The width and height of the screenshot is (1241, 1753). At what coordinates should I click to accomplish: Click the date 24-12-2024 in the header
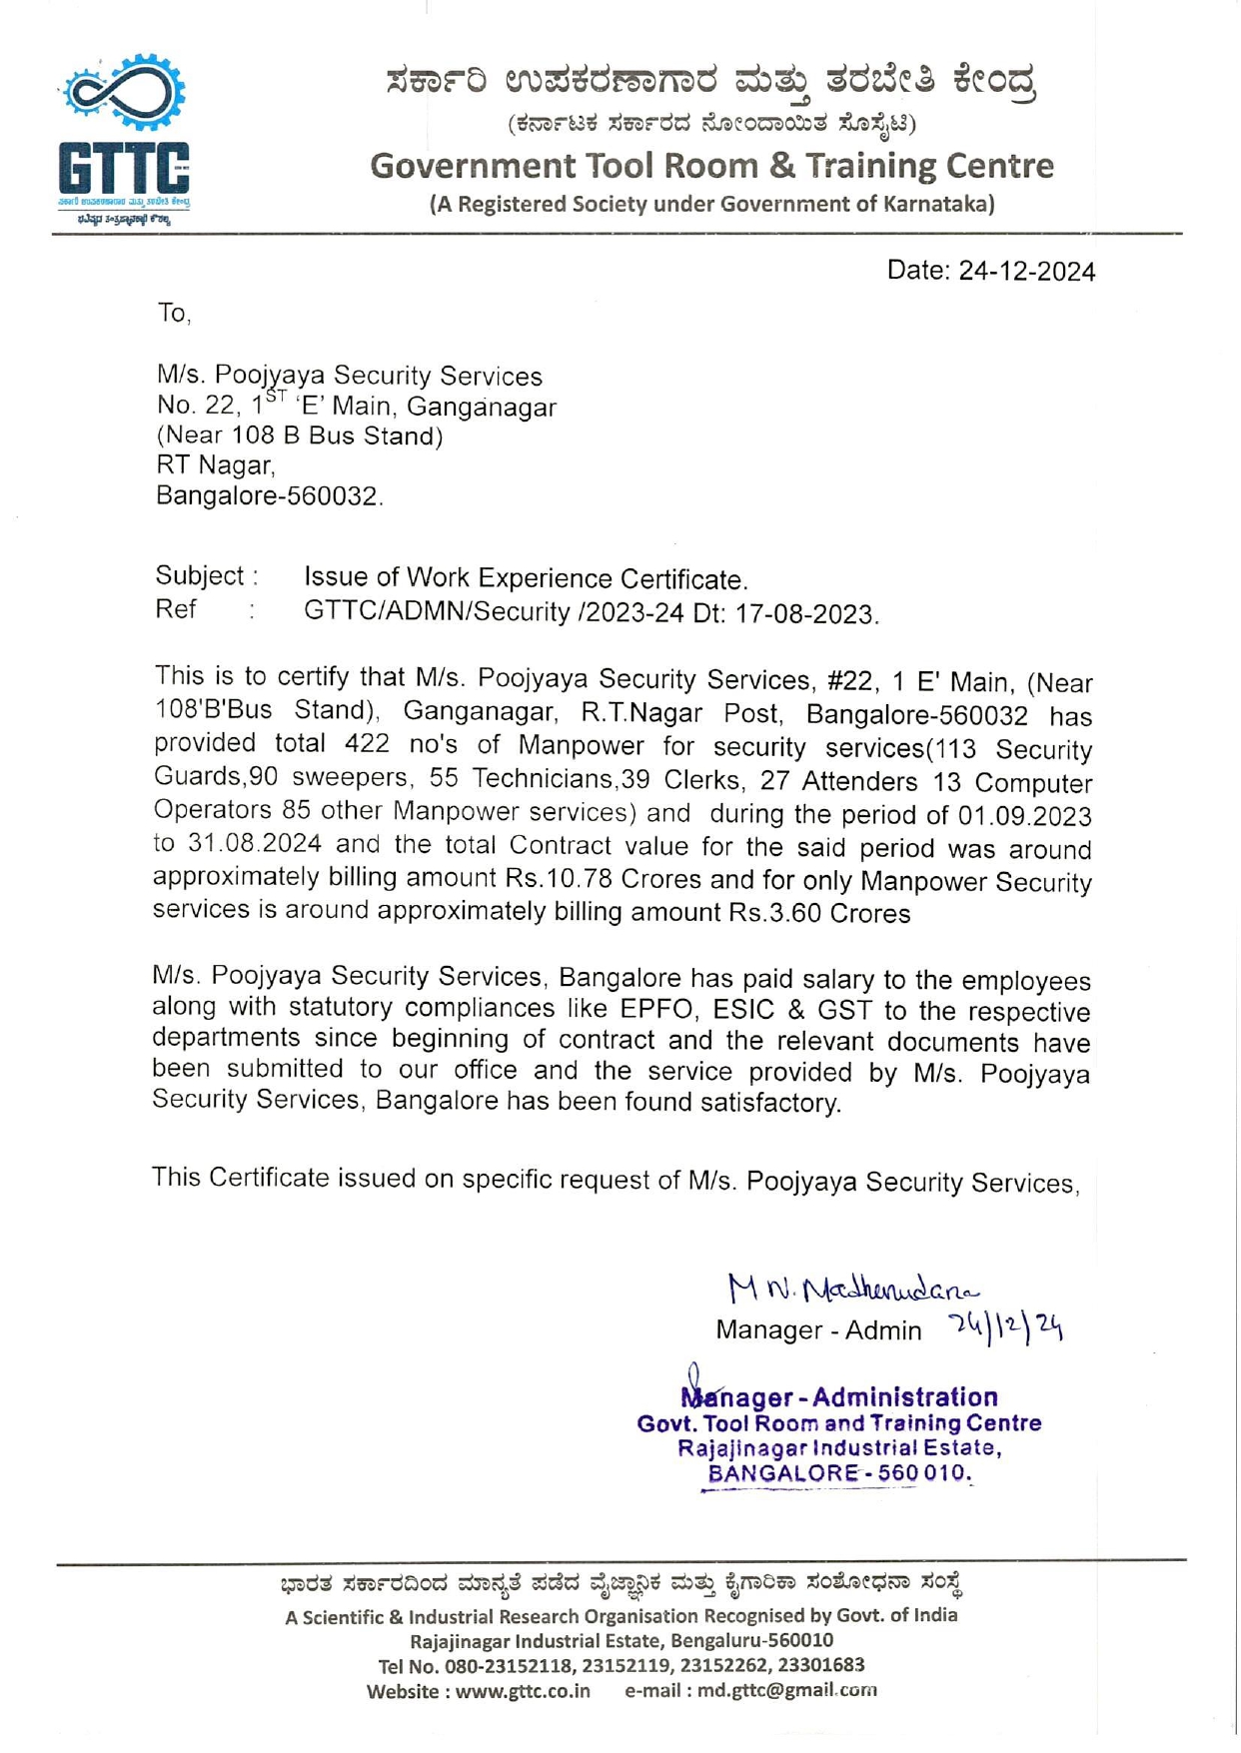1026,272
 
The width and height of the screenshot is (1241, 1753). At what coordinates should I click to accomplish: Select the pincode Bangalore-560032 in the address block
269,496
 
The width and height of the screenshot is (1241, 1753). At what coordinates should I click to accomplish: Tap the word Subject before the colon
200,576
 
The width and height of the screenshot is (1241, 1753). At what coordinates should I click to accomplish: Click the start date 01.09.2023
1024,816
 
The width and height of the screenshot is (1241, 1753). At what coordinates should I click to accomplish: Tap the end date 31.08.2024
254,844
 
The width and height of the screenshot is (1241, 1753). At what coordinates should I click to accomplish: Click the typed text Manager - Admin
818,1330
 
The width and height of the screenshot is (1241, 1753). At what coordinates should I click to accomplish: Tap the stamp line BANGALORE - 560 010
838,1473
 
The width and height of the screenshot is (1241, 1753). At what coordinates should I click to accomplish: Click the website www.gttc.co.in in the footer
523,1691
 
